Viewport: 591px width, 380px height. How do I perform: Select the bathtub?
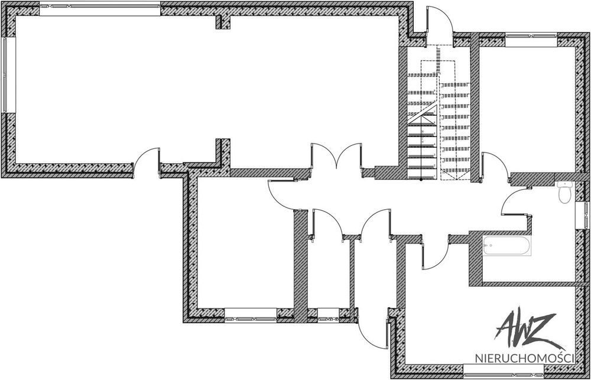tap(507, 246)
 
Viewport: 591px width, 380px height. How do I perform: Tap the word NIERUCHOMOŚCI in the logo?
tap(525, 358)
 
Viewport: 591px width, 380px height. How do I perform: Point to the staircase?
tap(439, 113)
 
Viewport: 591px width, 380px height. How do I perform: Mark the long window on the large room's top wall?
tap(100, 9)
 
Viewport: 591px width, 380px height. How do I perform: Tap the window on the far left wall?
tap(8, 75)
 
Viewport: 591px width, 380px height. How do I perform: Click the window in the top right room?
tap(531, 40)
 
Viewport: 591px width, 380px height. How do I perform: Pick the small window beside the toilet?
tap(583, 215)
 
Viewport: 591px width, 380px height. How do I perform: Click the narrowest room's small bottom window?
tap(328, 315)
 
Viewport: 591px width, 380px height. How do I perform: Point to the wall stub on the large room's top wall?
tap(223, 22)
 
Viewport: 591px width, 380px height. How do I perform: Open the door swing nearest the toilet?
tap(515, 202)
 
